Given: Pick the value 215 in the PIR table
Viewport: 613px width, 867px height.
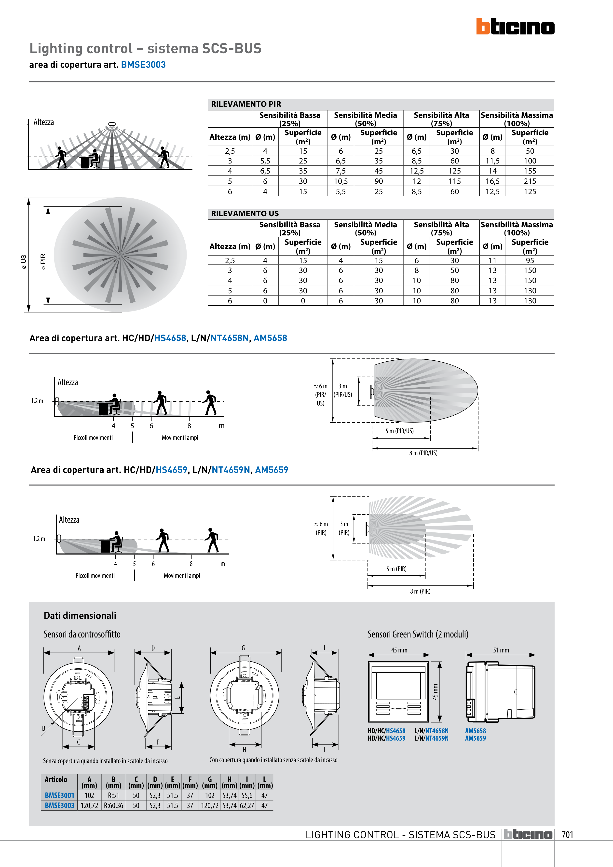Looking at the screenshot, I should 530,181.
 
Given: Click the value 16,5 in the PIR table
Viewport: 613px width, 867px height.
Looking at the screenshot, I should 492,181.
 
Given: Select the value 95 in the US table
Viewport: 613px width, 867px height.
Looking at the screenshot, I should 530,260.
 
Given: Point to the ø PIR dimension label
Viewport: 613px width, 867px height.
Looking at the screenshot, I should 43,261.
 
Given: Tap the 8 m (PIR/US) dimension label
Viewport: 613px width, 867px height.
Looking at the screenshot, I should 423,453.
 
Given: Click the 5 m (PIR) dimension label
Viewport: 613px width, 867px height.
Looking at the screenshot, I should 396,569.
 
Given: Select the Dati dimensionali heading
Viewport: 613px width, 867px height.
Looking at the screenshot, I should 80,615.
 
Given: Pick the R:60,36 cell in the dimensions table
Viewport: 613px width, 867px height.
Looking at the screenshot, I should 113,805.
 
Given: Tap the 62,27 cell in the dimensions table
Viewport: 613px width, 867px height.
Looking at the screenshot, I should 247,805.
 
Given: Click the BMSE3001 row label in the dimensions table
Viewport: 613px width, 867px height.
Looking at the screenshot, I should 59,795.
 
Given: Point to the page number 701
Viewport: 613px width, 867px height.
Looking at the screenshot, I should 567,835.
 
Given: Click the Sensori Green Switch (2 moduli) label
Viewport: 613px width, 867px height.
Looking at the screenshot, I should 418,634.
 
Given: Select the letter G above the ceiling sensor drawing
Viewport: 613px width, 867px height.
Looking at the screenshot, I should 243,648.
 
